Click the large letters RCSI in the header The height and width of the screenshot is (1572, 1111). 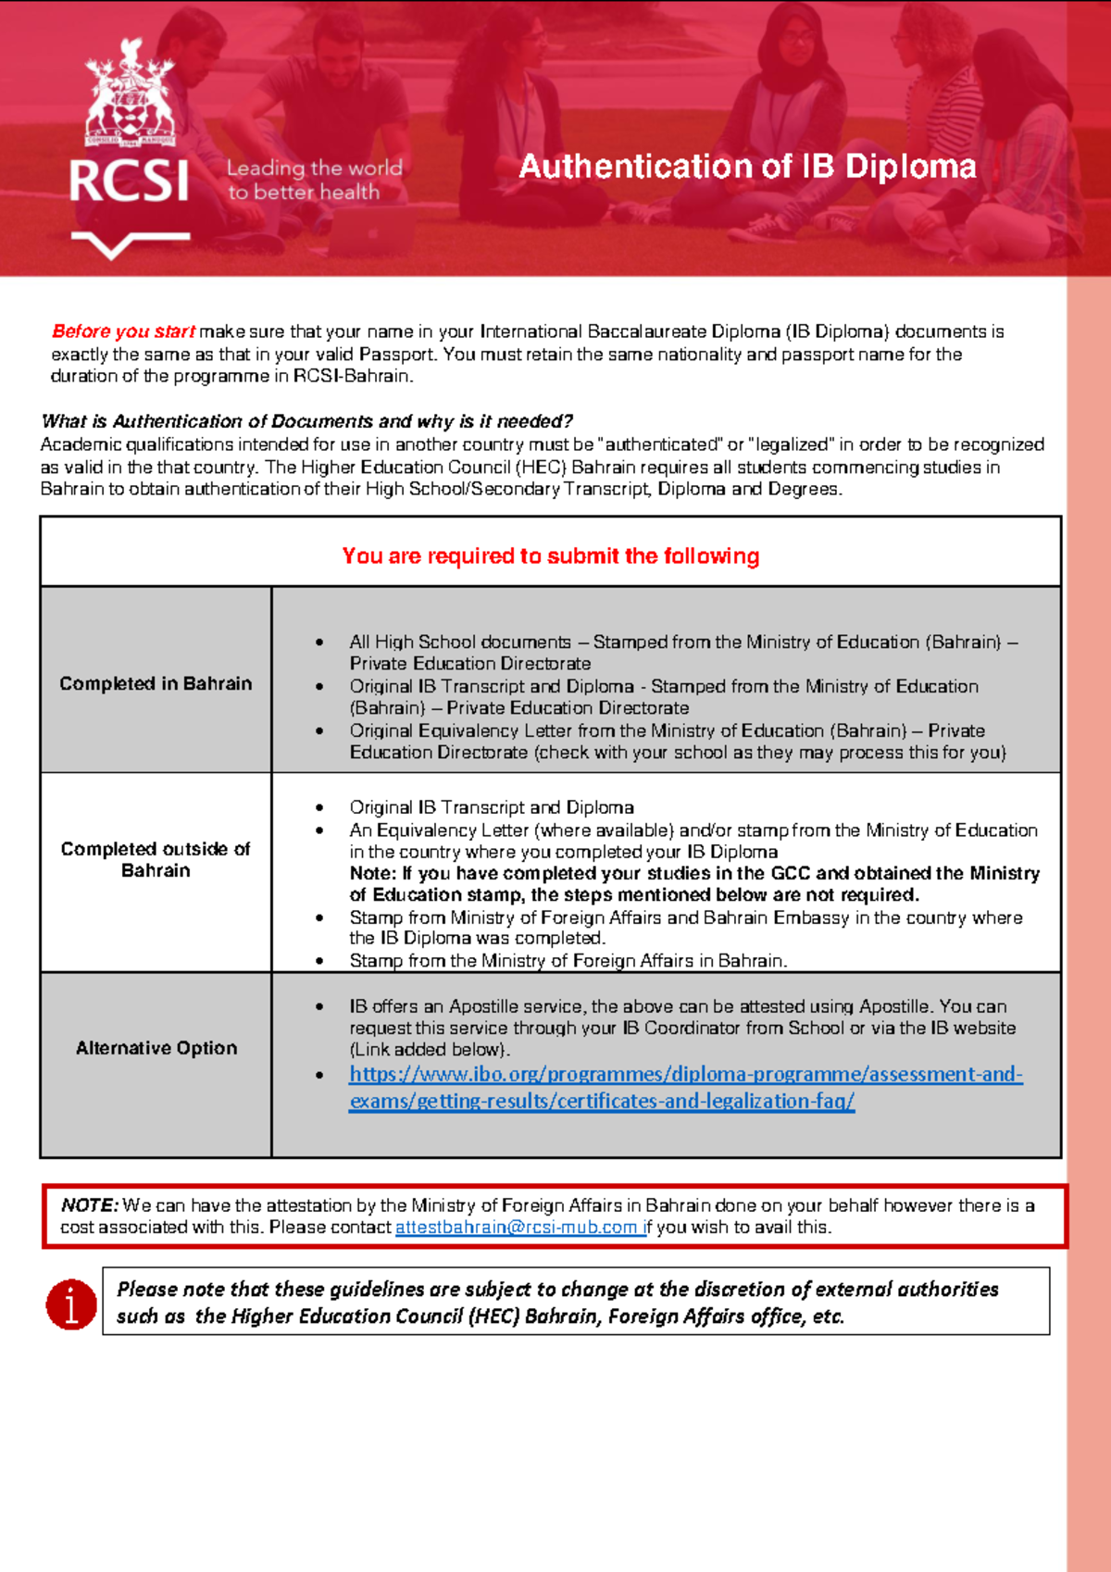(x=129, y=181)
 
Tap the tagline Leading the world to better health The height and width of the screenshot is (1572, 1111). (x=314, y=180)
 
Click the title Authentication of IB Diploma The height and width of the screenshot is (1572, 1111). (x=747, y=167)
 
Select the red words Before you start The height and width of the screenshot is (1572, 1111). (x=123, y=331)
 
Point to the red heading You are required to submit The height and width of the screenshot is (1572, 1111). (x=550, y=555)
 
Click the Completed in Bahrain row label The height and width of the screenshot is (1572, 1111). (x=156, y=683)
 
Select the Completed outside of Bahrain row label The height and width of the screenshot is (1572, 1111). (x=156, y=859)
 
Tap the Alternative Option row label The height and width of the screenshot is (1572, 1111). (x=156, y=1048)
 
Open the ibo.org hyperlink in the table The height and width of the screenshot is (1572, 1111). (x=685, y=1075)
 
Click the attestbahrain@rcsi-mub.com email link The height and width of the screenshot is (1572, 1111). (x=518, y=1228)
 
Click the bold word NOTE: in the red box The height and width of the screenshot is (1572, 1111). (x=90, y=1205)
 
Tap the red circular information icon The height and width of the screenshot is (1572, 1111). (x=71, y=1304)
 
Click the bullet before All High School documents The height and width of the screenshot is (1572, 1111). (x=319, y=642)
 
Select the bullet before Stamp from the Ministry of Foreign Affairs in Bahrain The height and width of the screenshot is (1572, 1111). (x=319, y=961)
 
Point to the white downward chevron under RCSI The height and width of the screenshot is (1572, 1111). (x=130, y=244)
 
